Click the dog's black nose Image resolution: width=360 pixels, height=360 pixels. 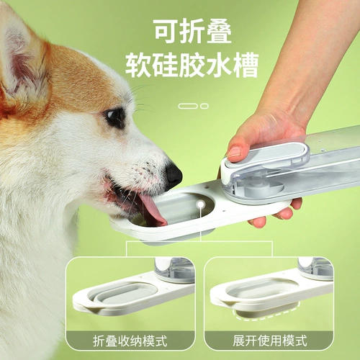coord(174,176)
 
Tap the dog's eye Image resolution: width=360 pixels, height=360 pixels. coord(114,117)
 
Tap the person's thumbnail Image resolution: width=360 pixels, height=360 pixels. coord(235,153)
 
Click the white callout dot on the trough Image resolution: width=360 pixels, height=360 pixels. coord(201,204)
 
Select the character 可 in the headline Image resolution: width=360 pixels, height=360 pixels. coord(166,31)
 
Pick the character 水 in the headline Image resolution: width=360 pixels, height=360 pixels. coord(218,65)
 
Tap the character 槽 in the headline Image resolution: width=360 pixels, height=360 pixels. coord(246,65)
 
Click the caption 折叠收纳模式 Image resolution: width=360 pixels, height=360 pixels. coord(130,341)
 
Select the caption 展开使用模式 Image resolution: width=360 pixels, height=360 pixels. coord(270,341)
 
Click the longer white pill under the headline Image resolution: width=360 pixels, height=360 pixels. coord(188,106)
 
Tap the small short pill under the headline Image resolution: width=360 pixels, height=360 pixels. coord(204,106)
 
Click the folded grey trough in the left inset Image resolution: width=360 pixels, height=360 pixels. coord(124,294)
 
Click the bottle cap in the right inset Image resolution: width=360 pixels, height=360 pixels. coord(315,268)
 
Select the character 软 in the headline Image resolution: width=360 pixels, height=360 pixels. coord(138,65)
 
